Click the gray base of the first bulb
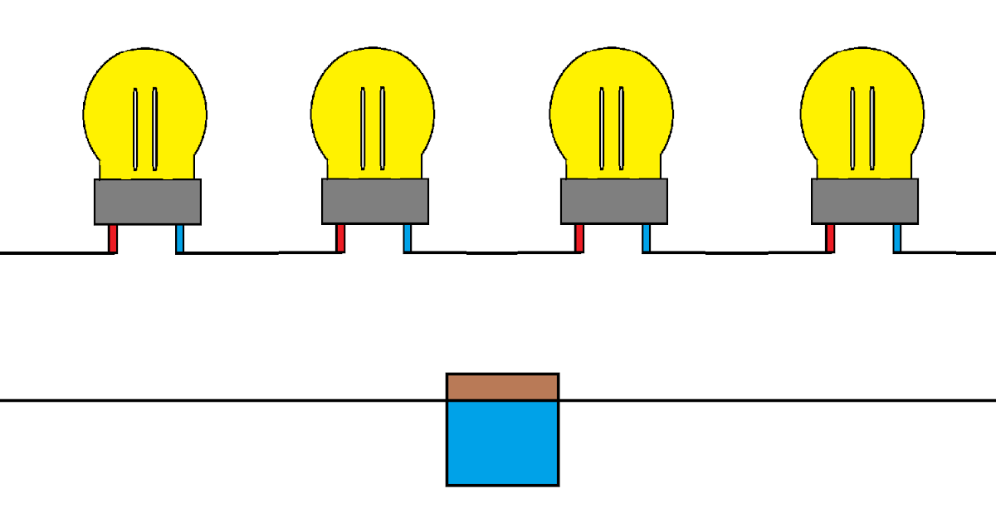(x=148, y=202)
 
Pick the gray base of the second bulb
(x=375, y=202)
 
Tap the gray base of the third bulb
(x=614, y=202)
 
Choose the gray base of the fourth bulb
(x=865, y=202)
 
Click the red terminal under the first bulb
(x=113, y=238)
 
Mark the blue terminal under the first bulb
(x=180, y=238)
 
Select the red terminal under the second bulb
(x=340, y=238)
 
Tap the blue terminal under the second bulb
(x=408, y=238)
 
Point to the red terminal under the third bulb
(x=579, y=238)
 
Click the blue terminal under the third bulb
(x=647, y=238)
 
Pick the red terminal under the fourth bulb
(x=830, y=238)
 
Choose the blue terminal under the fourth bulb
(x=897, y=238)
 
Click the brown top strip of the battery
(x=502, y=387)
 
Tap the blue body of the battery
(x=502, y=444)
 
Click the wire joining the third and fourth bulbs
(x=739, y=252)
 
